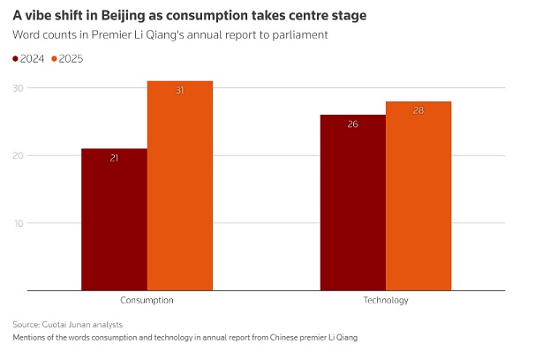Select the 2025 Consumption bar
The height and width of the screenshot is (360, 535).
(x=179, y=185)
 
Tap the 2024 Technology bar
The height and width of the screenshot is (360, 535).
(x=352, y=202)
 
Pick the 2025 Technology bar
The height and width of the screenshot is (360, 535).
(x=418, y=195)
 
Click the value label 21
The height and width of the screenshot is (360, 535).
(x=114, y=158)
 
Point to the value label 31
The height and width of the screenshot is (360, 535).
(x=179, y=91)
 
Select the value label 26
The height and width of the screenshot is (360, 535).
(x=352, y=124)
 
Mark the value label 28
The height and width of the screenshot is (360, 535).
(x=418, y=111)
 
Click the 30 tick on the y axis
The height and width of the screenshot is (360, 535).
(x=18, y=88)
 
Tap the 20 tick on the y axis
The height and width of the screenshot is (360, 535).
(x=18, y=155)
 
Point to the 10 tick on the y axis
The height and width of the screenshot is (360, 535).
(x=18, y=222)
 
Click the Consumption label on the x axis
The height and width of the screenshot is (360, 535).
(x=147, y=300)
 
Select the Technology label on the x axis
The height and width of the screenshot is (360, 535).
(x=386, y=300)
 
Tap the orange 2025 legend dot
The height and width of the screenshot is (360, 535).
(x=55, y=59)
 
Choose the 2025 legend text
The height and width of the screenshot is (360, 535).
(x=72, y=59)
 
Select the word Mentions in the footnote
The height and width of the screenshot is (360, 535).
(x=33, y=338)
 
